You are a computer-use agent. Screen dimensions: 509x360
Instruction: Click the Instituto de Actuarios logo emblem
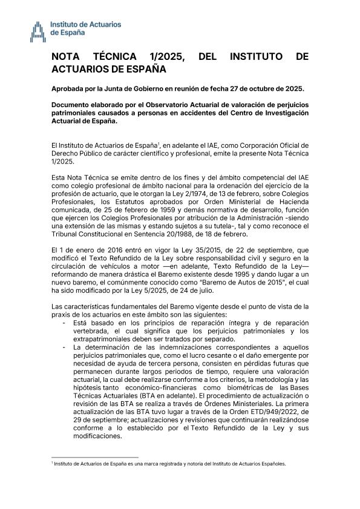click(38, 28)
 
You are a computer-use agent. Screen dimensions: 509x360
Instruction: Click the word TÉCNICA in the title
click(114, 57)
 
